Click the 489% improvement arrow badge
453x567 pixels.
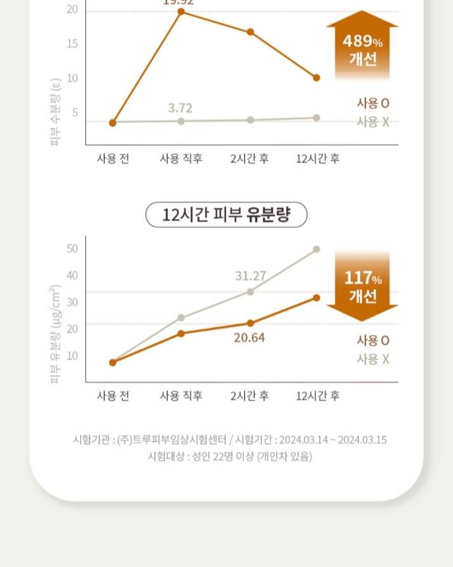click(362, 48)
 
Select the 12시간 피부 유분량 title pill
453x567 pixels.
click(226, 215)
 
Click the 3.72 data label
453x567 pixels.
click(180, 108)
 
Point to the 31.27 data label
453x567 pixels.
click(250, 276)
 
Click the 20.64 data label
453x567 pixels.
click(249, 337)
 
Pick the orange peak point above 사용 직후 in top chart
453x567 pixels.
click(181, 11)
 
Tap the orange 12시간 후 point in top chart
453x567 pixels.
click(316, 78)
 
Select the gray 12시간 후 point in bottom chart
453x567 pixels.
click(316, 249)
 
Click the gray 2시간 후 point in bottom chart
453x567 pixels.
click(250, 291)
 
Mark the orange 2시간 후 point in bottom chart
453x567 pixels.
click(250, 323)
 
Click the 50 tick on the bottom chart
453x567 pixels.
click(72, 248)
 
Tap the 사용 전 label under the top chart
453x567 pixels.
click(113, 158)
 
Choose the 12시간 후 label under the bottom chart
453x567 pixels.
click(318, 396)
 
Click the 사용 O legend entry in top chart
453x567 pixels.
click(373, 103)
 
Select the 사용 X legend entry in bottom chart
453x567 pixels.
click(373, 359)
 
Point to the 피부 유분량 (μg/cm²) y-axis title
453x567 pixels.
click(55, 335)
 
